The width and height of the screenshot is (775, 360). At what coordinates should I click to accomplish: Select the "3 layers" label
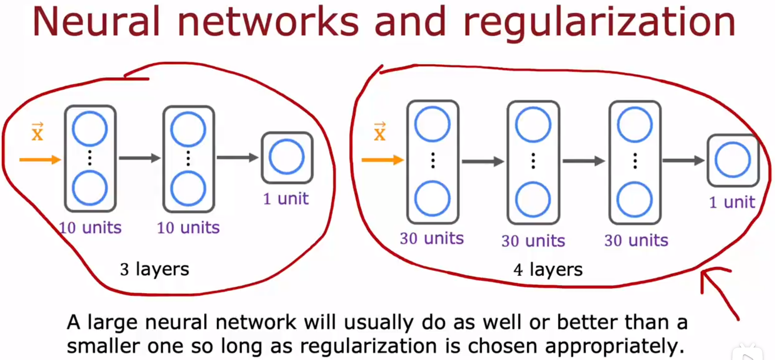(154, 269)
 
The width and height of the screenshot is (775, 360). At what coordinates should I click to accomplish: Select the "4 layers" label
(548, 269)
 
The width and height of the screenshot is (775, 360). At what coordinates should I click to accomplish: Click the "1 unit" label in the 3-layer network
(286, 199)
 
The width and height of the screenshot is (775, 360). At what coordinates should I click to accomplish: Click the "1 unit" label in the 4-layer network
(732, 202)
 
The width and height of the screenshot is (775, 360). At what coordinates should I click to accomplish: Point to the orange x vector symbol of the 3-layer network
(38, 132)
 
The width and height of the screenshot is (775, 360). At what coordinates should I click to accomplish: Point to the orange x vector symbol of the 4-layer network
(380, 132)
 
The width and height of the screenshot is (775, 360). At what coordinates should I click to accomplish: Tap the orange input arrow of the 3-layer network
(40, 159)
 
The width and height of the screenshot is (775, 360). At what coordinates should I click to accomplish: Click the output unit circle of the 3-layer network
(287, 157)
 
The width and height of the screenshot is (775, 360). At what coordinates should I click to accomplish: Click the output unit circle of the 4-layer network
(732, 160)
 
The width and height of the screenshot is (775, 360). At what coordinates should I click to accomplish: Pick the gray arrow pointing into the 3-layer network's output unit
(237, 157)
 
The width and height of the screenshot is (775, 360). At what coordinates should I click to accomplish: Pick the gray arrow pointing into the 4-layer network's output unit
(683, 161)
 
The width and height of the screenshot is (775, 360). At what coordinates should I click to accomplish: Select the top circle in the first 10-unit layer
(90, 129)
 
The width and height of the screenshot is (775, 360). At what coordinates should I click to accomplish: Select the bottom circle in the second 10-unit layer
(188, 189)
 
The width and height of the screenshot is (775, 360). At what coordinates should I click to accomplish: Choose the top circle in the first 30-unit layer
(432, 124)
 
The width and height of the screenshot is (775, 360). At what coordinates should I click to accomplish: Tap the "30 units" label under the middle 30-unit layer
(533, 241)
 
